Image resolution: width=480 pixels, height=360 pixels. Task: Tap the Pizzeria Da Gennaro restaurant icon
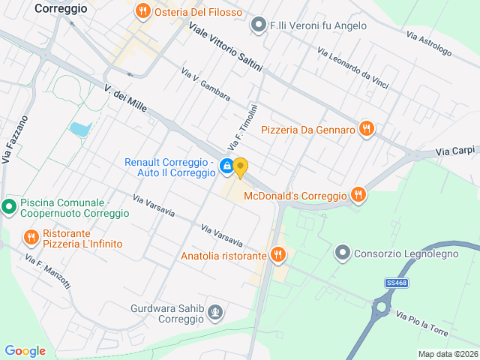click(x=366, y=129)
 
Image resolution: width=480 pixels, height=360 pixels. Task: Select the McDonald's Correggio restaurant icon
click(x=358, y=195)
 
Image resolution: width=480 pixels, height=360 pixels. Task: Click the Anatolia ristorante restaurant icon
click(x=278, y=255)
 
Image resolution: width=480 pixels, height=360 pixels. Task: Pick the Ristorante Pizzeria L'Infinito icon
click(x=31, y=238)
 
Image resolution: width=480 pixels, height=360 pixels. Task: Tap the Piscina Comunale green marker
click(x=9, y=205)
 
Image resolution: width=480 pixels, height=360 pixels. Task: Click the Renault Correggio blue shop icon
click(x=226, y=166)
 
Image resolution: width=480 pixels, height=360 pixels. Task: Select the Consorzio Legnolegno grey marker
click(x=343, y=252)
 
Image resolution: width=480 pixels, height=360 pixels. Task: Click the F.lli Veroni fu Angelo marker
click(x=259, y=25)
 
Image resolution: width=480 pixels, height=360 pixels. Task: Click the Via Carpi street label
click(x=455, y=151)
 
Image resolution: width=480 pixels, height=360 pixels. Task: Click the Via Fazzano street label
click(x=15, y=139)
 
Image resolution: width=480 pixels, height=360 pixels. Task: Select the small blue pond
click(x=79, y=129)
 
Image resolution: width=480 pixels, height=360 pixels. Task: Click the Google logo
click(x=25, y=350)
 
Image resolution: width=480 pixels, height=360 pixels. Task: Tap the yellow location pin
click(x=240, y=166)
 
